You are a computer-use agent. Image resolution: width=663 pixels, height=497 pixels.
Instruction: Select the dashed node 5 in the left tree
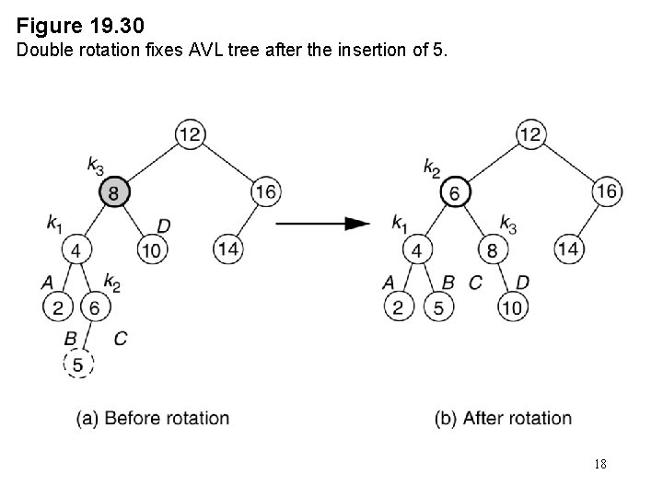pyautogui.click(x=78, y=365)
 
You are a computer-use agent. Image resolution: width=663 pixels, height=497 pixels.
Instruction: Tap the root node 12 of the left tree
pyautogui.click(x=190, y=135)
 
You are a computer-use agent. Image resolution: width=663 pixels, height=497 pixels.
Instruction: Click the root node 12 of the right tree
pyautogui.click(x=530, y=135)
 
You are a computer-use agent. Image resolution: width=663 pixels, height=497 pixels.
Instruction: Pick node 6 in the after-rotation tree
pyautogui.click(x=455, y=192)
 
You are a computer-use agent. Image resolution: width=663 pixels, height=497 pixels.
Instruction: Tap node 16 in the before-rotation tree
pyautogui.click(x=265, y=192)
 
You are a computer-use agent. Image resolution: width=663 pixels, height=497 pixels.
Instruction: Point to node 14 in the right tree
pyautogui.click(x=568, y=249)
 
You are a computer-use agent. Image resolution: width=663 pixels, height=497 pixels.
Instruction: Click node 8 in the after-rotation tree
pyautogui.click(x=493, y=249)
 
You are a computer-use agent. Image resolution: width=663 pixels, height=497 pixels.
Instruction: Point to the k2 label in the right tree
pyautogui.click(x=432, y=167)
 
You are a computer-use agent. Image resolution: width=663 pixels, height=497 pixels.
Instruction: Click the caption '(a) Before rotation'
pyautogui.click(x=153, y=418)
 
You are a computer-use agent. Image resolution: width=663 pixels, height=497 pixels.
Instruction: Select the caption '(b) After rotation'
pyautogui.click(x=503, y=418)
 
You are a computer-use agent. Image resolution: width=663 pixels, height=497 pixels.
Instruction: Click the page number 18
pyautogui.click(x=600, y=464)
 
